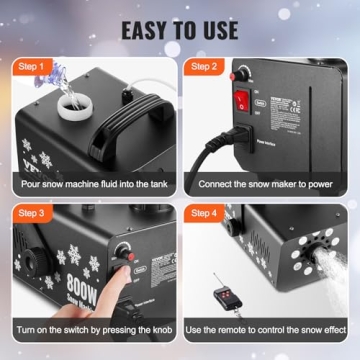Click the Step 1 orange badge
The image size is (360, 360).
tap(33, 66)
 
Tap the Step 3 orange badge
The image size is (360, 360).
tap(33, 213)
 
